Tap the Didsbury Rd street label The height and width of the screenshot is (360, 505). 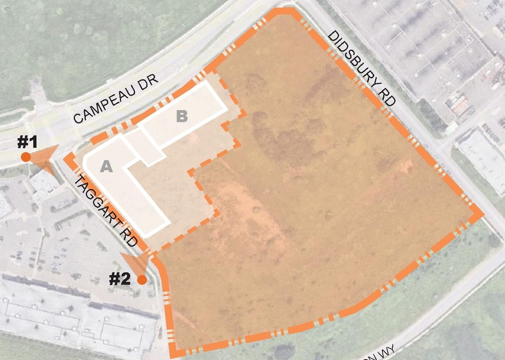click(361, 68)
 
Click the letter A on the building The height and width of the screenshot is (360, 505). click(107, 167)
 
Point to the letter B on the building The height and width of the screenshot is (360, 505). click(182, 116)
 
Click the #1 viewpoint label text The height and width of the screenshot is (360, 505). click(28, 143)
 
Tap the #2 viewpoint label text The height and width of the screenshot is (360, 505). click(119, 279)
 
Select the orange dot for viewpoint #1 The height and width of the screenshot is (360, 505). click(26, 157)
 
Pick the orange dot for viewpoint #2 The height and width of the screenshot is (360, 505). click(142, 280)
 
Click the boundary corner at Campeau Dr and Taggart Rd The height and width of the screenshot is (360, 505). click(70, 158)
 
